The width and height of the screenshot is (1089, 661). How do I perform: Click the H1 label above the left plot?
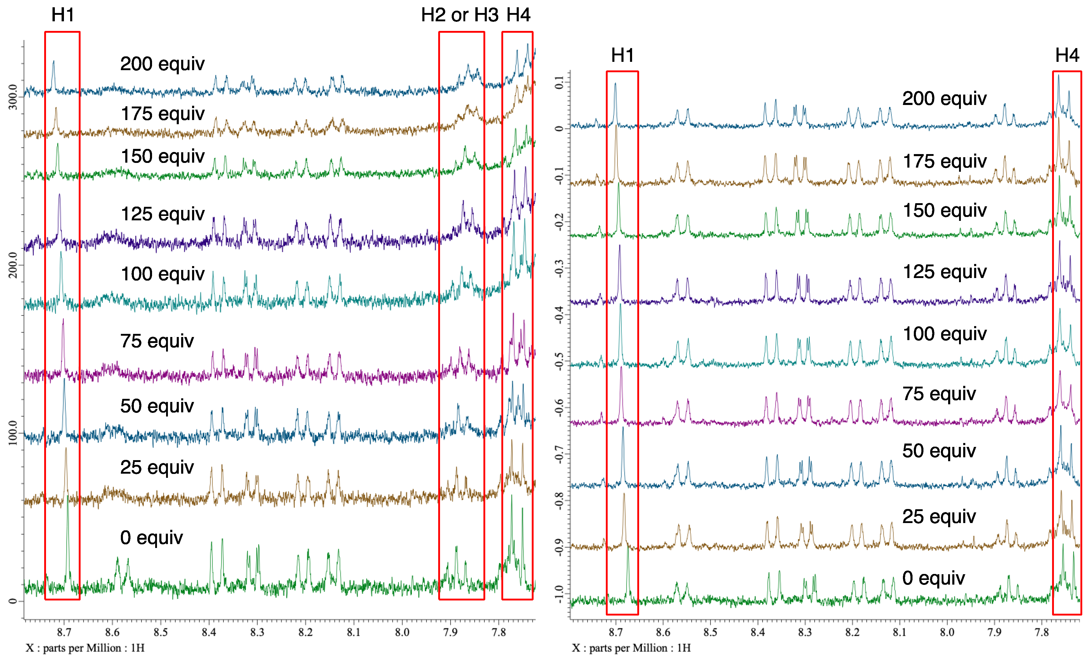tap(63, 15)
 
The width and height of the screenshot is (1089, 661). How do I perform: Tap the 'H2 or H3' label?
tap(460, 15)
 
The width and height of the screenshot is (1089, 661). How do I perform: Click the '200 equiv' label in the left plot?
tap(162, 64)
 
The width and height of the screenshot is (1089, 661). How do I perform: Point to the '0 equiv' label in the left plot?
tap(151, 538)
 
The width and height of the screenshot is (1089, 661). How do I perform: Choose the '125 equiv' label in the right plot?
tap(944, 272)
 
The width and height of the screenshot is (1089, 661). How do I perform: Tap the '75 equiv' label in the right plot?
tap(939, 394)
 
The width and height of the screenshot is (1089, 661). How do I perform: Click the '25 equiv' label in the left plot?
tap(157, 467)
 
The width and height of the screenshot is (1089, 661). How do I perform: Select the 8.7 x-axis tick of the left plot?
tap(64, 632)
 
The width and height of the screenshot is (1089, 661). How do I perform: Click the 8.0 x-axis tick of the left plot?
tap(402, 632)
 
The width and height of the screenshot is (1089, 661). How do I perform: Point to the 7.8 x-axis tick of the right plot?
tap(1042, 632)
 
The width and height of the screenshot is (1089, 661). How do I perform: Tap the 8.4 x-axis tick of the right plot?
tap(758, 632)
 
